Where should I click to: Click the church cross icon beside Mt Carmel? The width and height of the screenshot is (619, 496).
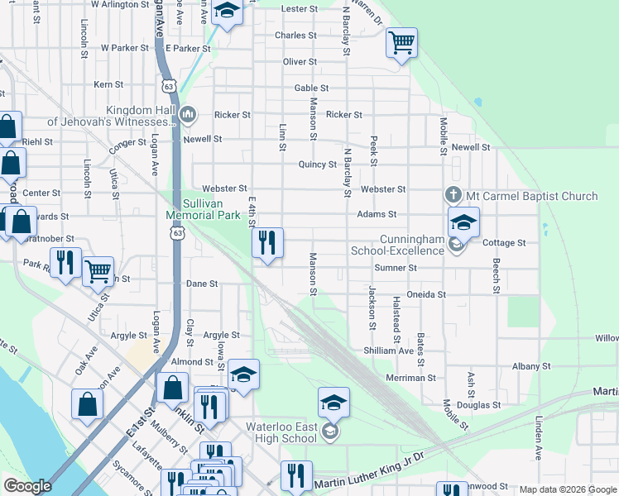point(453,195)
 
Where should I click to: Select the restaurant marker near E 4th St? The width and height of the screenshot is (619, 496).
point(266,242)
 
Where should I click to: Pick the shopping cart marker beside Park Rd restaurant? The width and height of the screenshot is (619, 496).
point(98,270)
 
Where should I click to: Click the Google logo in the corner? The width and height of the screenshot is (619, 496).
point(28,487)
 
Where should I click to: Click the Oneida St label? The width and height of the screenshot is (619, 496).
point(428,294)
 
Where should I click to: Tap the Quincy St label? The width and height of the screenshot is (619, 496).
point(318,165)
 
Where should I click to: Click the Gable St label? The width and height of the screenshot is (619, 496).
point(311,88)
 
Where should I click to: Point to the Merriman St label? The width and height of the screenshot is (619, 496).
point(410,377)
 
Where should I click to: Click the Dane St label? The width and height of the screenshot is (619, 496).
point(201,284)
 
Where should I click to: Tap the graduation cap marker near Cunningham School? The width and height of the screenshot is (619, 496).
point(463,222)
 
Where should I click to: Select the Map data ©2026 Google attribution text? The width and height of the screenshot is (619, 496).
point(567,489)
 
